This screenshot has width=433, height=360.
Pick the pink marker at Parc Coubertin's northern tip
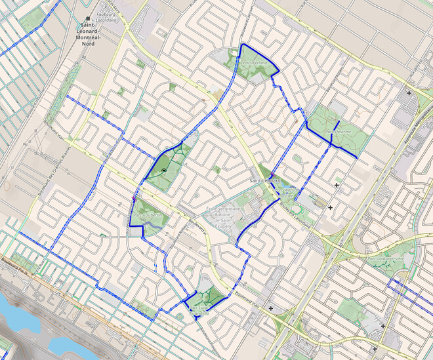134,199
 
